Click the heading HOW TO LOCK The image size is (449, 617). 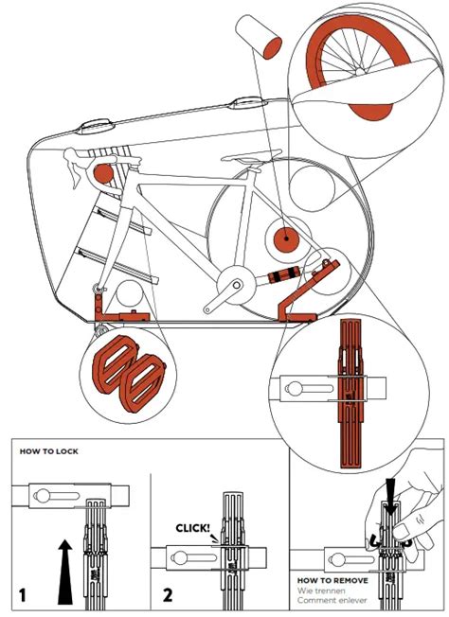click(49, 451)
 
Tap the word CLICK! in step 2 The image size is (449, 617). click(192, 528)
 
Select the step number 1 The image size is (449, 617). click(23, 594)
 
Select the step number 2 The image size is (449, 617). click(168, 594)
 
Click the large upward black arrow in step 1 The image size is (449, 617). click(65, 572)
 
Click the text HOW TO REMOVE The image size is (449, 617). click(332, 580)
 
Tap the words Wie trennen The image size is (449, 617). click(321, 591)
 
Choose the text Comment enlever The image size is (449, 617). click(332, 601)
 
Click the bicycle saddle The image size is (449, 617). click(252, 156)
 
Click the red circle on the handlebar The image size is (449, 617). click(103, 173)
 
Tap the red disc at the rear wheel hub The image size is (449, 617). click(286, 239)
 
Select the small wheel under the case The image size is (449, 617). click(100, 327)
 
